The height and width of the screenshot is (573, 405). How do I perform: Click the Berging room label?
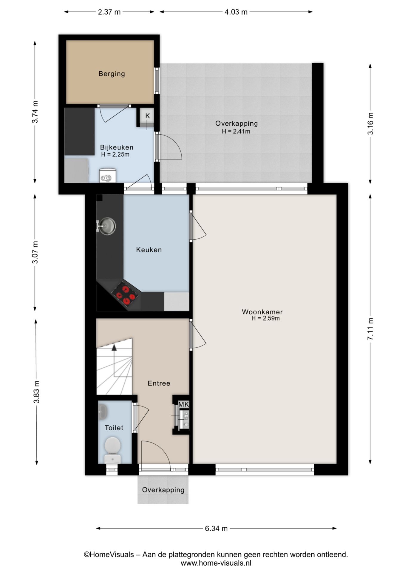point(112,74)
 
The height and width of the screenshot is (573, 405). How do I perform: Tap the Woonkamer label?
point(262,312)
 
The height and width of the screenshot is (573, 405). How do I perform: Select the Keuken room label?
point(149,250)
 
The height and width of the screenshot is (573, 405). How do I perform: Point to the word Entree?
point(159,383)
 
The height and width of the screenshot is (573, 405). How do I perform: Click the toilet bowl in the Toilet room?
point(112,450)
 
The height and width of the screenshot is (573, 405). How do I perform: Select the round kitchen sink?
point(107,226)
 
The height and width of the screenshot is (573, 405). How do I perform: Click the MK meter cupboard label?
point(184,404)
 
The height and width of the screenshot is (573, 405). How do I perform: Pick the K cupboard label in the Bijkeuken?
point(148,115)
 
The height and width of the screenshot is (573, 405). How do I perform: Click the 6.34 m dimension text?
point(216,529)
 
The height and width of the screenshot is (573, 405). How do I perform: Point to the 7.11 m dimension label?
point(370,329)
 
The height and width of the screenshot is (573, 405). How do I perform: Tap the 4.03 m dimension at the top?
point(236,12)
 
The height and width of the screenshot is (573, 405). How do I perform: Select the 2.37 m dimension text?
point(109,12)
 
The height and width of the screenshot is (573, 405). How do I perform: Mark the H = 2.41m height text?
point(236,131)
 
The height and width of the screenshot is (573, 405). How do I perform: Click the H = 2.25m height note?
point(115,155)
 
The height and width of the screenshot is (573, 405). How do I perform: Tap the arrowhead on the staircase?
point(114,347)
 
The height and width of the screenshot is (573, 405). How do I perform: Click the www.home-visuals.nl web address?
point(216,563)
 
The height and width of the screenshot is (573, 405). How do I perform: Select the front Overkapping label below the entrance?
point(163,490)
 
